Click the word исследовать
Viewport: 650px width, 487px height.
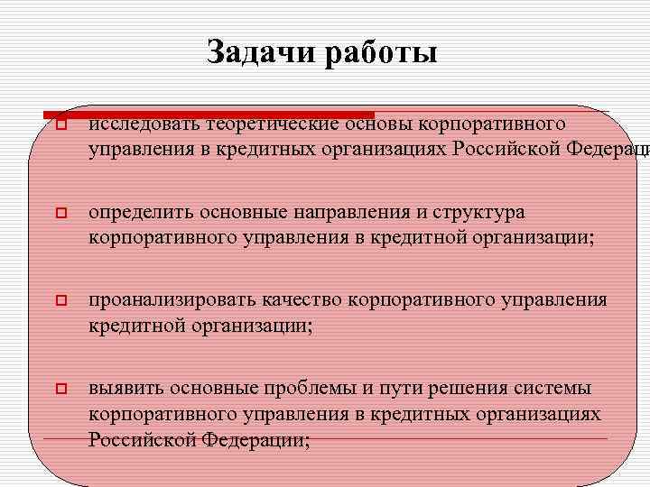144,123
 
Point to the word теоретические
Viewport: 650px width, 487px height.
271,123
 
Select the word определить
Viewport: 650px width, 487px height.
141,214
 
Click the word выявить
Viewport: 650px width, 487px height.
125,389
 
